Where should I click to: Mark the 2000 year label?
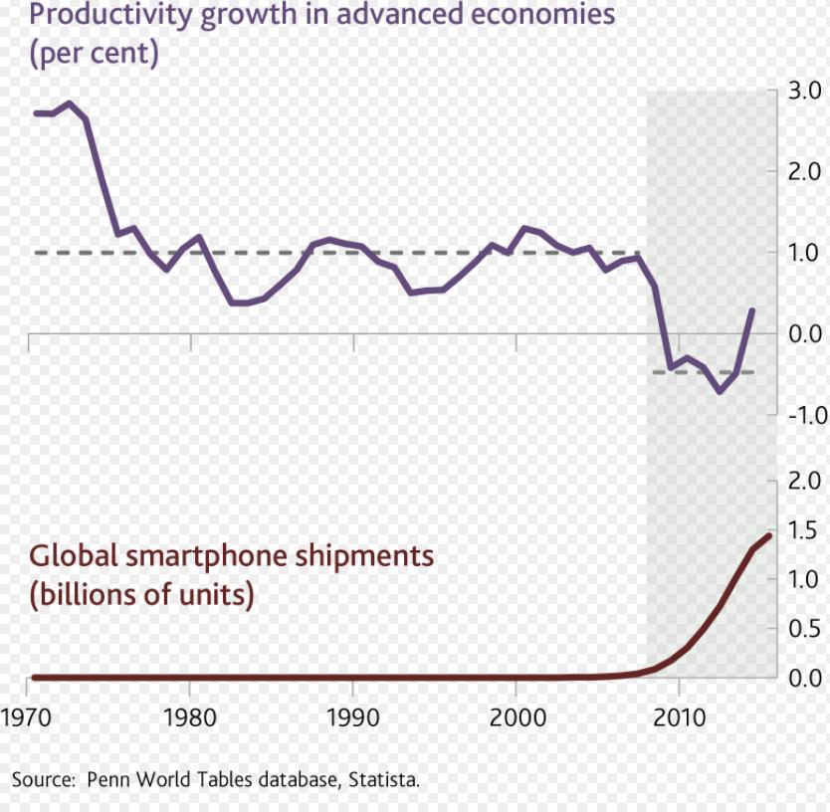516,716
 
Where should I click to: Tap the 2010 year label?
679,716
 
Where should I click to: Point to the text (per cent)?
95,53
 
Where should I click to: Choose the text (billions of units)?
141,595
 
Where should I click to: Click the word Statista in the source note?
383,779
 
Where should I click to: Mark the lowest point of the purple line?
720,391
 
